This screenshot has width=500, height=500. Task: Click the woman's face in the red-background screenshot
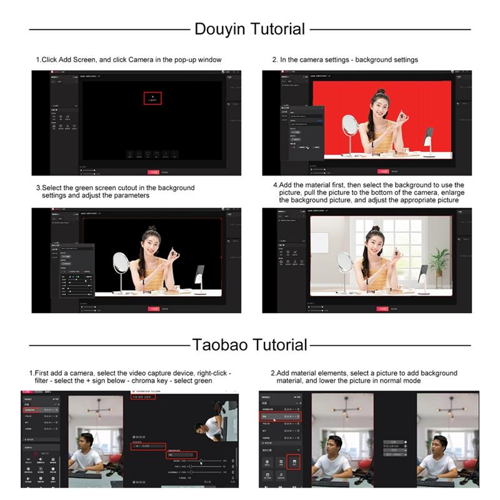pos(379,105)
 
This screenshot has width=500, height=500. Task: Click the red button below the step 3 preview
pos(153,309)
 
